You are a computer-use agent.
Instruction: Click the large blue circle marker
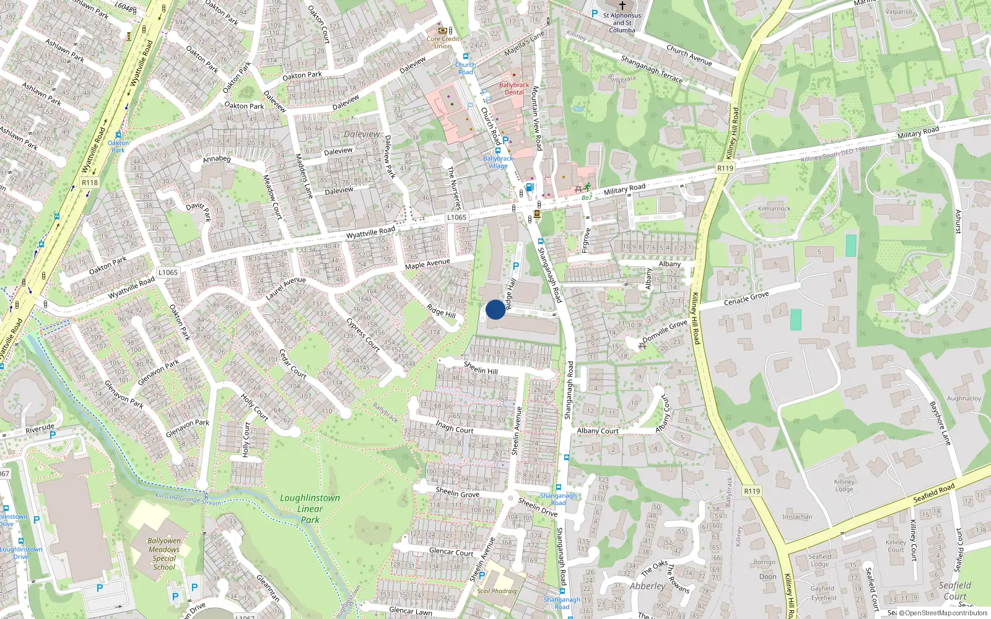[495, 309]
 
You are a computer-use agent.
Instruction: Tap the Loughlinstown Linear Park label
[310, 509]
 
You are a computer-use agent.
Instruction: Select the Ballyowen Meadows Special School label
[164, 553]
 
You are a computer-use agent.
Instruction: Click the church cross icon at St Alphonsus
[622, 5]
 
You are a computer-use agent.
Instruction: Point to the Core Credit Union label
[443, 42]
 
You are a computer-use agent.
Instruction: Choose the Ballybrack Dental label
[514, 89]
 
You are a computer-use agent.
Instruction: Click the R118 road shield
[90, 183]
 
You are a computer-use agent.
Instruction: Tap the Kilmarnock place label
[774, 209]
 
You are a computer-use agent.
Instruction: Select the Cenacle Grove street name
[746, 298]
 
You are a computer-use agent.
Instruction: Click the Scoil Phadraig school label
[497, 591]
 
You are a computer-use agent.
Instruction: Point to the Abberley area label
[647, 586]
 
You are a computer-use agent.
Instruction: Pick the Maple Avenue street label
[427, 264]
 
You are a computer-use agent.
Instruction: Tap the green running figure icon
[587, 187]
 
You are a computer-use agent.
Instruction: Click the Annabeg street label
[217, 159]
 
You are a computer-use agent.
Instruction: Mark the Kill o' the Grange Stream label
[188, 499]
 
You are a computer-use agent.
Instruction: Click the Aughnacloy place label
[964, 399]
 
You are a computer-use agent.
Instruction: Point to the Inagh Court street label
[455, 427]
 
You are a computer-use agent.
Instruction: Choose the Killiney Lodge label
[844, 485]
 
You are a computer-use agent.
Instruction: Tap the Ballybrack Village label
[497, 162]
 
